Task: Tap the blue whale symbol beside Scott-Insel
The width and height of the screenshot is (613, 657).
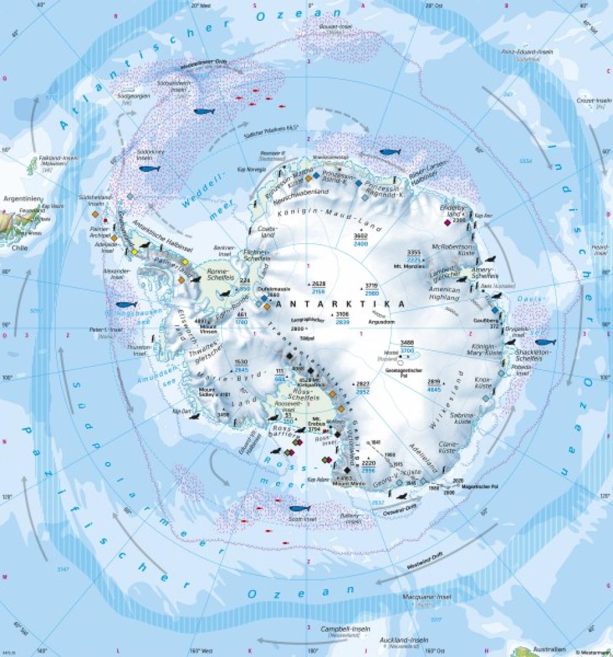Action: (299, 508)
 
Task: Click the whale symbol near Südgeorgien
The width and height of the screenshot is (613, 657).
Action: (204, 112)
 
